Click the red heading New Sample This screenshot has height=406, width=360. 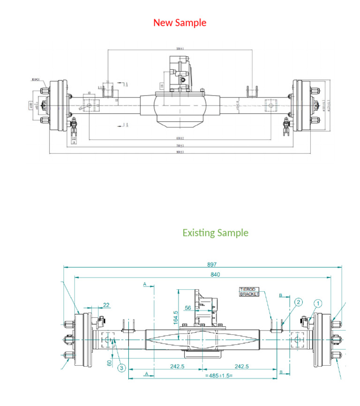180,23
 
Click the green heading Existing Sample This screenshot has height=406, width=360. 215,233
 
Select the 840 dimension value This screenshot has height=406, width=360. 202,274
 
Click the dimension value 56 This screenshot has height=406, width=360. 187,308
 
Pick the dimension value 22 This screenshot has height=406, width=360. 106,305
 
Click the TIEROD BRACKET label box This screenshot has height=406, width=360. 249,292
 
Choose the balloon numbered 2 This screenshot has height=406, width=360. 299,302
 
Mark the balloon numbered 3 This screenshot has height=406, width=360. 121,368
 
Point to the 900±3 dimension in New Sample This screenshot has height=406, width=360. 180,152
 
